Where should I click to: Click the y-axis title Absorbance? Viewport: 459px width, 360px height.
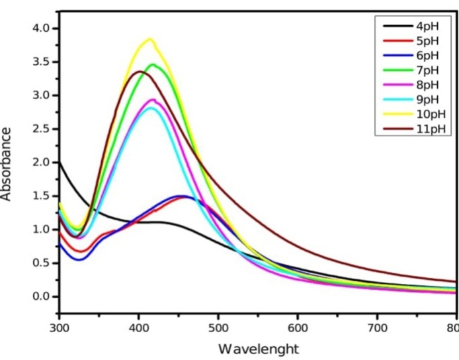8,162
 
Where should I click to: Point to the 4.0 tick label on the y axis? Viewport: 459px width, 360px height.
41,28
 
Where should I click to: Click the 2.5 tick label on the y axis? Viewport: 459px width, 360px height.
41,129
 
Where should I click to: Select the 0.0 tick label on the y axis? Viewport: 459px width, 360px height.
41,296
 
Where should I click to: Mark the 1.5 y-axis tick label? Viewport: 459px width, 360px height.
41,196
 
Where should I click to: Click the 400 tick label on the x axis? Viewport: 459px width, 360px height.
138,328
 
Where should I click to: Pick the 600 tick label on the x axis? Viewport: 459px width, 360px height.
297,328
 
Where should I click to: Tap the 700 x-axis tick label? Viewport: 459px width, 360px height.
376,328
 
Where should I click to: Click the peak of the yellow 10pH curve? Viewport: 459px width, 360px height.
151,39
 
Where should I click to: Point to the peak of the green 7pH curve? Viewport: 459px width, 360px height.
153,65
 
